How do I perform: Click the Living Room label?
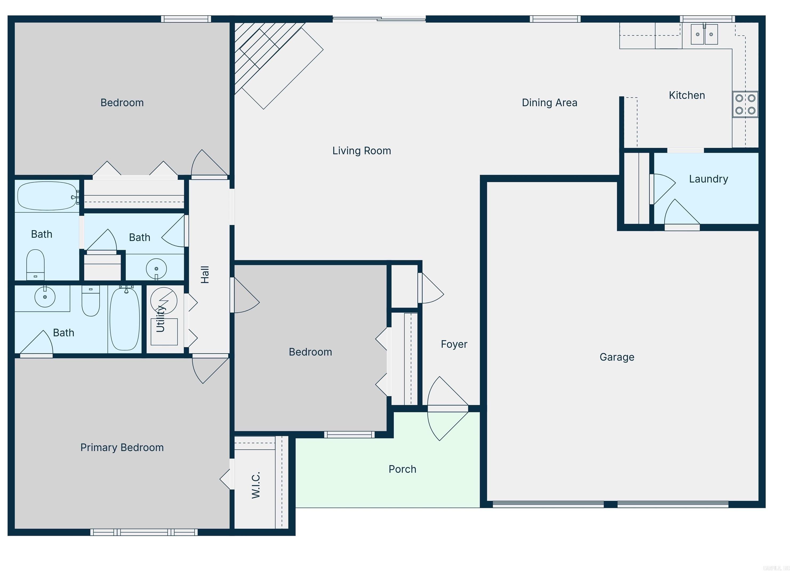362,151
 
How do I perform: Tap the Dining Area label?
549,103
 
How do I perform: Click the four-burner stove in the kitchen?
745,104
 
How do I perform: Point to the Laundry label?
708,179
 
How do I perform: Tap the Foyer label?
454,344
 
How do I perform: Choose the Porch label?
402,469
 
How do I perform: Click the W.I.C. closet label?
256,486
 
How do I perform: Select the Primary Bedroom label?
122,447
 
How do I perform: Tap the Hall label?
205,275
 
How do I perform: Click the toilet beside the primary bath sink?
91,301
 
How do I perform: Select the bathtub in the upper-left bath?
47,196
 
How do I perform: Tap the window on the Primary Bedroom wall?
144,532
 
